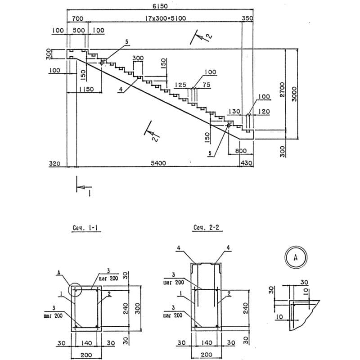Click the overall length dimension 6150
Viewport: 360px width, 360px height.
click(x=160, y=6)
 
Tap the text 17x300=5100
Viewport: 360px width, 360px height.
click(x=165, y=18)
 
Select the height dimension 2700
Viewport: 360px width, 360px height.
click(x=282, y=90)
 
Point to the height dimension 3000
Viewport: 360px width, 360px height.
click(x=294, y=94)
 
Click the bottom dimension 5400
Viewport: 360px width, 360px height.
click(x=158, y=163)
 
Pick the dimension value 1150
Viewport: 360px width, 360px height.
click(x=86, y=89)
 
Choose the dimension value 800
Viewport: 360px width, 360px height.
click(x=241, y=151)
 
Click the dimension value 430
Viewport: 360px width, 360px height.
click(x=246, y=163)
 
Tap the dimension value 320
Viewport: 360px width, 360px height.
click(x=54, y=163)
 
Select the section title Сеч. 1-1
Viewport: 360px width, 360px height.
click(x=85, y=228)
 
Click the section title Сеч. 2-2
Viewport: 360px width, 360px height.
click(x=206, y=228)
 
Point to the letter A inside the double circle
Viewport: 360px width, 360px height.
click(x=296, y=257)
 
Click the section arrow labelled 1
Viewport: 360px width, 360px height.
click(x=84, y=187)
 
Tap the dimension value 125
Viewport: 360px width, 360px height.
click(x=180, y=85)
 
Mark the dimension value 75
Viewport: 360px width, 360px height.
click(x=207, y=85)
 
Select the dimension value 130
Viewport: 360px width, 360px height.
click(x=234, y=111)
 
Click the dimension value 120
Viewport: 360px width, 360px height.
click(x=264, y=111)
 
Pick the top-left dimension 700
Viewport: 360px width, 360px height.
click(x=77, y=18)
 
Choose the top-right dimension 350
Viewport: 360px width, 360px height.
click(x=247, y=18)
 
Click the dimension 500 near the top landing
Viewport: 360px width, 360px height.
click(x=79, y=30)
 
